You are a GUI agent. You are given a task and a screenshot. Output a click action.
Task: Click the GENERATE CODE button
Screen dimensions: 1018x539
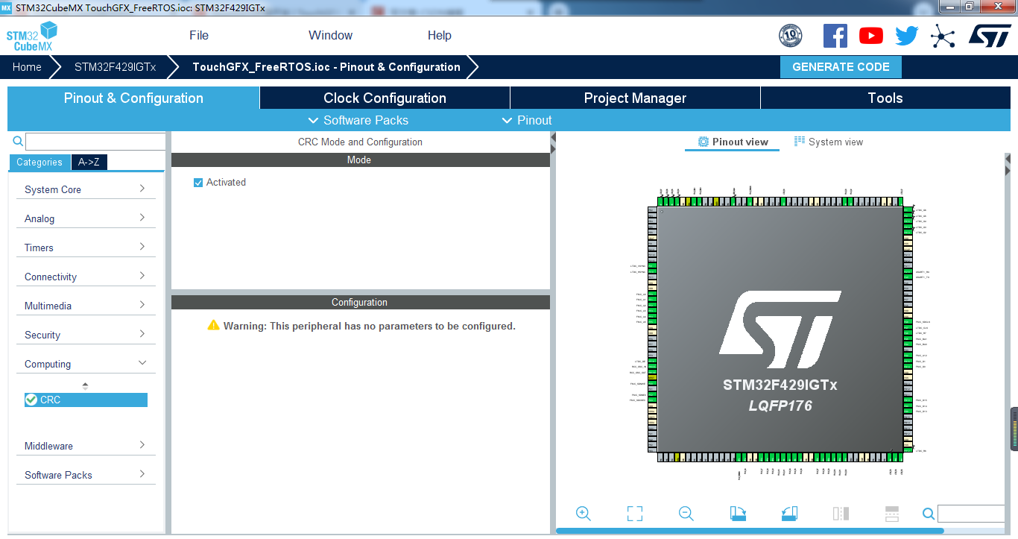[x=840, y=67]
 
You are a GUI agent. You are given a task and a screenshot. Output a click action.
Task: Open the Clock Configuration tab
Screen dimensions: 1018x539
[x=385, y=98]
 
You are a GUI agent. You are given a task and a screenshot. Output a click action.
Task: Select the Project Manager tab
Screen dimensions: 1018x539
[x=635, y=98]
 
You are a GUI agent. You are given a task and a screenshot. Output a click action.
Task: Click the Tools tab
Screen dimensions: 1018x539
[x=885, y=98]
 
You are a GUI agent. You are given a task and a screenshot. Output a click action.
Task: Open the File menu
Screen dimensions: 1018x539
[x=199, y=36]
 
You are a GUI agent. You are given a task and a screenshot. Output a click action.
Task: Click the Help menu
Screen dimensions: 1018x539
[x=439, y=36]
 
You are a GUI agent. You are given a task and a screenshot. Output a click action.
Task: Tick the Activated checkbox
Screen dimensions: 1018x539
[x=198, y=183]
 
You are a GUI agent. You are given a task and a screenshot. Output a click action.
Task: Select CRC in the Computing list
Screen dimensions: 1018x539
[x=51, y=400]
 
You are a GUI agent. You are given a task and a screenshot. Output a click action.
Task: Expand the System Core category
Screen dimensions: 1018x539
[x=85, y=190]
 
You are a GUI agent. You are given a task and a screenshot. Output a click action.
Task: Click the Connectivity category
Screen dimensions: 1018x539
[x=85, y=277]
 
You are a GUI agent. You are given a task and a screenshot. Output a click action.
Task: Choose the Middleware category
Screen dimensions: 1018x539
[x=85, y=447]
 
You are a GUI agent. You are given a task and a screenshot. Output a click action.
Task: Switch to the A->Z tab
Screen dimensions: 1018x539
[x=89, y=163]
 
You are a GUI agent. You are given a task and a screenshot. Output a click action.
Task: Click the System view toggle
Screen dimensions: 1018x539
[x=829, y=142]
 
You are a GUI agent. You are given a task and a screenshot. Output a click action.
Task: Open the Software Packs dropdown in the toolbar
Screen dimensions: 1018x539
[x=358, y=121]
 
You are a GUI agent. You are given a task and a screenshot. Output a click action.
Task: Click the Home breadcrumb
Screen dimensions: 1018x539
[x=27, y=67]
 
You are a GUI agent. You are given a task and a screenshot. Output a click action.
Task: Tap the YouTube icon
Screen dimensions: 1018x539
[x=870, y=36]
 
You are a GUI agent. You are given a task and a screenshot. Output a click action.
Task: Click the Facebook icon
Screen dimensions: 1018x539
[x=835, y=36]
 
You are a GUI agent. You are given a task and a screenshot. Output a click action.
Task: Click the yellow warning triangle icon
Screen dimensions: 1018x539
[x=214, y=326]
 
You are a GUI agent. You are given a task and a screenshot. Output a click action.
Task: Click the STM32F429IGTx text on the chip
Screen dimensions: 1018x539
[x=780, y=385]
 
